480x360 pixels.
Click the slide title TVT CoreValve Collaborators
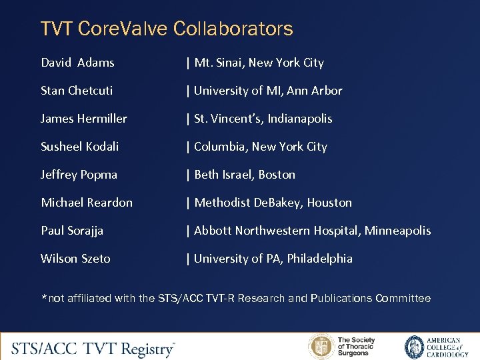pyautogui.click(x=167, y=29)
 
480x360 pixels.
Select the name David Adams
pyautogui.click(x=77, y=63)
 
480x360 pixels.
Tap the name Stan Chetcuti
pyautogui.click(x=77, y=91)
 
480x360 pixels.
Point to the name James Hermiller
pyautogui.click(x=84, y=119)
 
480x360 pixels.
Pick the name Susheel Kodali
pyautogui.click(x=80, y=147)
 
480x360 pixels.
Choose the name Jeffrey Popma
pyautogui.click(x=79, y=175)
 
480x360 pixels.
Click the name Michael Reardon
pyautogui.click(x=87, y=203)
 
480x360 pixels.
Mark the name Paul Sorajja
pyautogui.click(x=72, y=231)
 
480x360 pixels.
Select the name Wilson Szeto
pyautogui.click(x=75, y=259)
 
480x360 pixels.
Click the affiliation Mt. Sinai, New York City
pyautogui.click(x=259, y=63)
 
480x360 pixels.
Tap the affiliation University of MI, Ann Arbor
pyautogui.click(x=268, y=91)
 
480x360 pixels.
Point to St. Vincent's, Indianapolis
pyautogui.click(x=263, y=119)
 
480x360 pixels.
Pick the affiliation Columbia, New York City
pyautogui.click(x=261, y=147)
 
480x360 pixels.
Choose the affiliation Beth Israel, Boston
pyautogui.click(x=245, y=175)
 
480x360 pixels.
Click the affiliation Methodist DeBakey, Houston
pyautogui.click(x=273, y=203)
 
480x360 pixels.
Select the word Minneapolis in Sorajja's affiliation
pyautogui.click(x=397, y=231)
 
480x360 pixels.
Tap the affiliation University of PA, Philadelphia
pyautogui.click(x=273, y=259)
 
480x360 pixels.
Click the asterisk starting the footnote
pyautogui.click(x=44, y=297)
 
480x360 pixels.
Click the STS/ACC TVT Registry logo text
pyautogui.click(x=93, y=347)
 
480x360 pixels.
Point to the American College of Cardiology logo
pyautogui.click(x=433, y=347)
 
